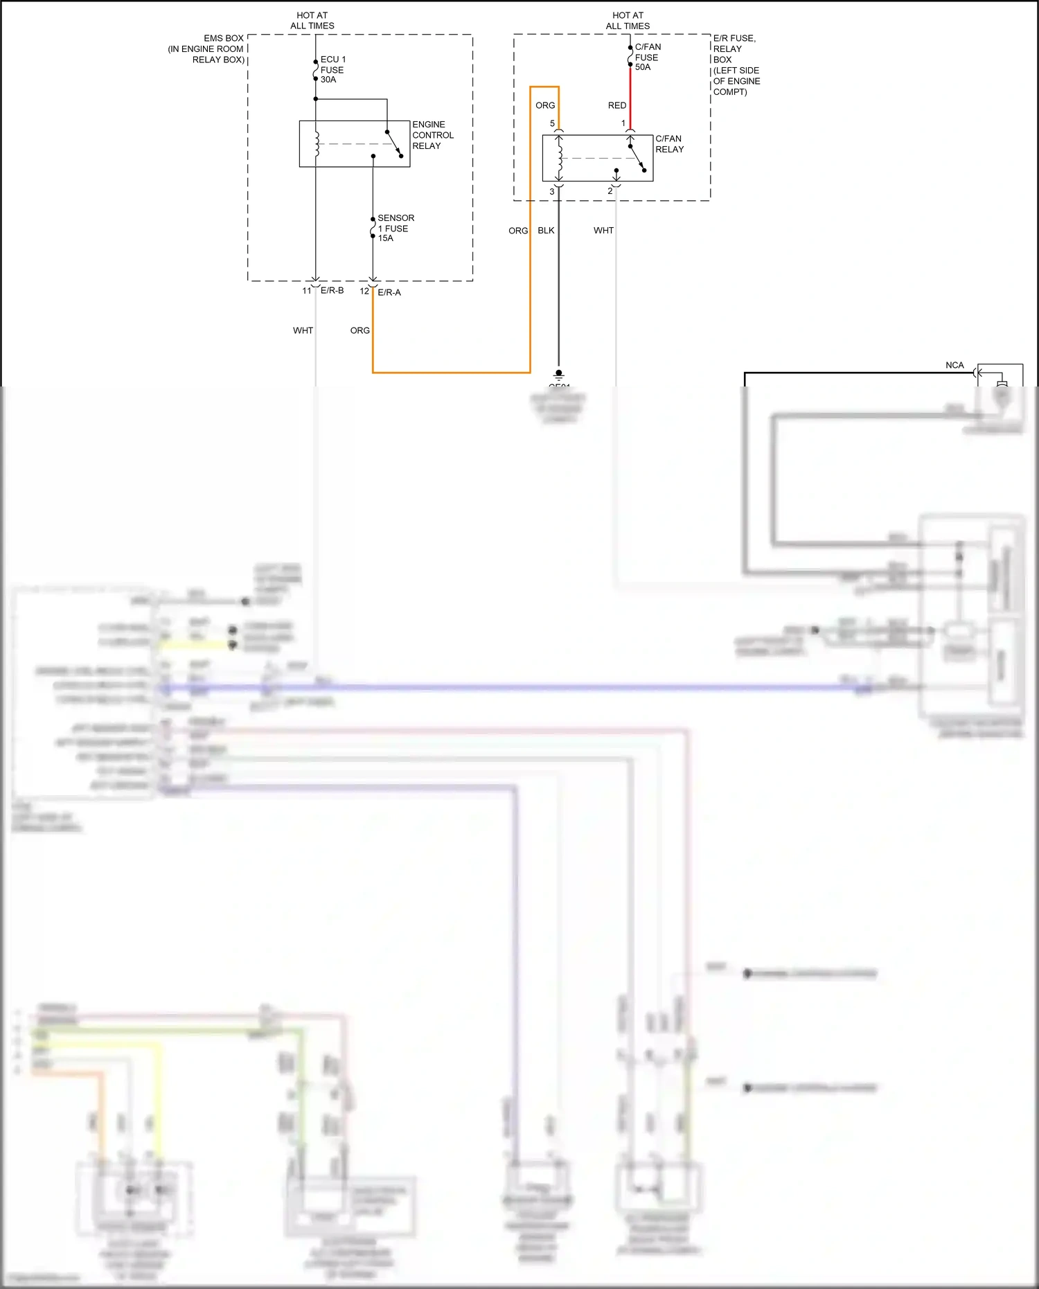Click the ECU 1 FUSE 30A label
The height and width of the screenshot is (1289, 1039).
pyautogui.click(x=332, y=69)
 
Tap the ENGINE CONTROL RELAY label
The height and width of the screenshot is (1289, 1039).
pyautogui.click(x=432, y=135)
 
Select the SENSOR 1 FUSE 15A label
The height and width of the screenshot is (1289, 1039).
pyautogui.click(x=395, y=228)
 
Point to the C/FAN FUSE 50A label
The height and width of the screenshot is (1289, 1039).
pyautogui.click(x=647, y=57)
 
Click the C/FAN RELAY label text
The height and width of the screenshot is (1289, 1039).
pyautogui.click(x=669, y=144)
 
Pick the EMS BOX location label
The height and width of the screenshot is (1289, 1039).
pyautogui.click(x=206, y=48)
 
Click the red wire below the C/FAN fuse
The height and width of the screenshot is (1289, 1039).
pyautogui.click(x=630, y=94)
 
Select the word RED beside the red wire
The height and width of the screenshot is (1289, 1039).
pyautogui.click(x=616, y=105)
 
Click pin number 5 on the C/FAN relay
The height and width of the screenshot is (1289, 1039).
pyautogui.click(x=552, y=123)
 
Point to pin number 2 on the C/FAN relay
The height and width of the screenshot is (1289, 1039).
pyautogui.click(x=610, y=191)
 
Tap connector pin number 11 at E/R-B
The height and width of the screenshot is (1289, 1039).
pyautogui.click(x=306, y=291)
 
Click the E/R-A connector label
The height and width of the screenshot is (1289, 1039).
pyautogui.click(x=389, y=292)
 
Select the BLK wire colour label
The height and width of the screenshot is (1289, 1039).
pyautogui.click(x=546, y=231)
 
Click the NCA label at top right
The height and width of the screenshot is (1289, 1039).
pyautogui.click(x=954, y=365)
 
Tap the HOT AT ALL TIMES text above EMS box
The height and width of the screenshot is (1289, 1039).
pyautogui.click(x=312, y=20)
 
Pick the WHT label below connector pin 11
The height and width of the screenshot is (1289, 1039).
pyautogui.click(x=303, y=330)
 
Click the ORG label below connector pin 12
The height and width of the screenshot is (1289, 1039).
pyautogui.click(x=359, y=330)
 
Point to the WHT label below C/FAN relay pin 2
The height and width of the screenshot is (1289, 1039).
pyautogui.click(x=603, y=231)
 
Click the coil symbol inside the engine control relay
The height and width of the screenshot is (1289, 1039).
pyautogui.click(x=317, y=145)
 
